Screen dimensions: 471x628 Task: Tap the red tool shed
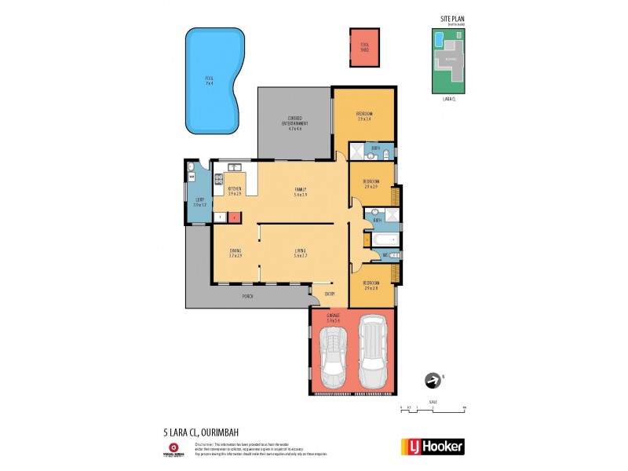pyautogui.click(x=364, y=47)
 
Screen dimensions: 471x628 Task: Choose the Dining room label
pyautogui.click(x=235, y=253)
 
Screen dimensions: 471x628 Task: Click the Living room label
pyautogui.click(x=299, y=253)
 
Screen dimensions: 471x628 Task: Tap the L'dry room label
pyautogui.click(x=199, y=203)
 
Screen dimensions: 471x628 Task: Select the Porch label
pyautogui.click(x=247, y=296)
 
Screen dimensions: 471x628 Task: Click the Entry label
pyautogui.click(x=330, y=294)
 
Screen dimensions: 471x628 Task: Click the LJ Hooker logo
pyautogui.click(x=433, y=447)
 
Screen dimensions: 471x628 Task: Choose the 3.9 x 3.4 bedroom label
pyautogui.click(x=364, y=118)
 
